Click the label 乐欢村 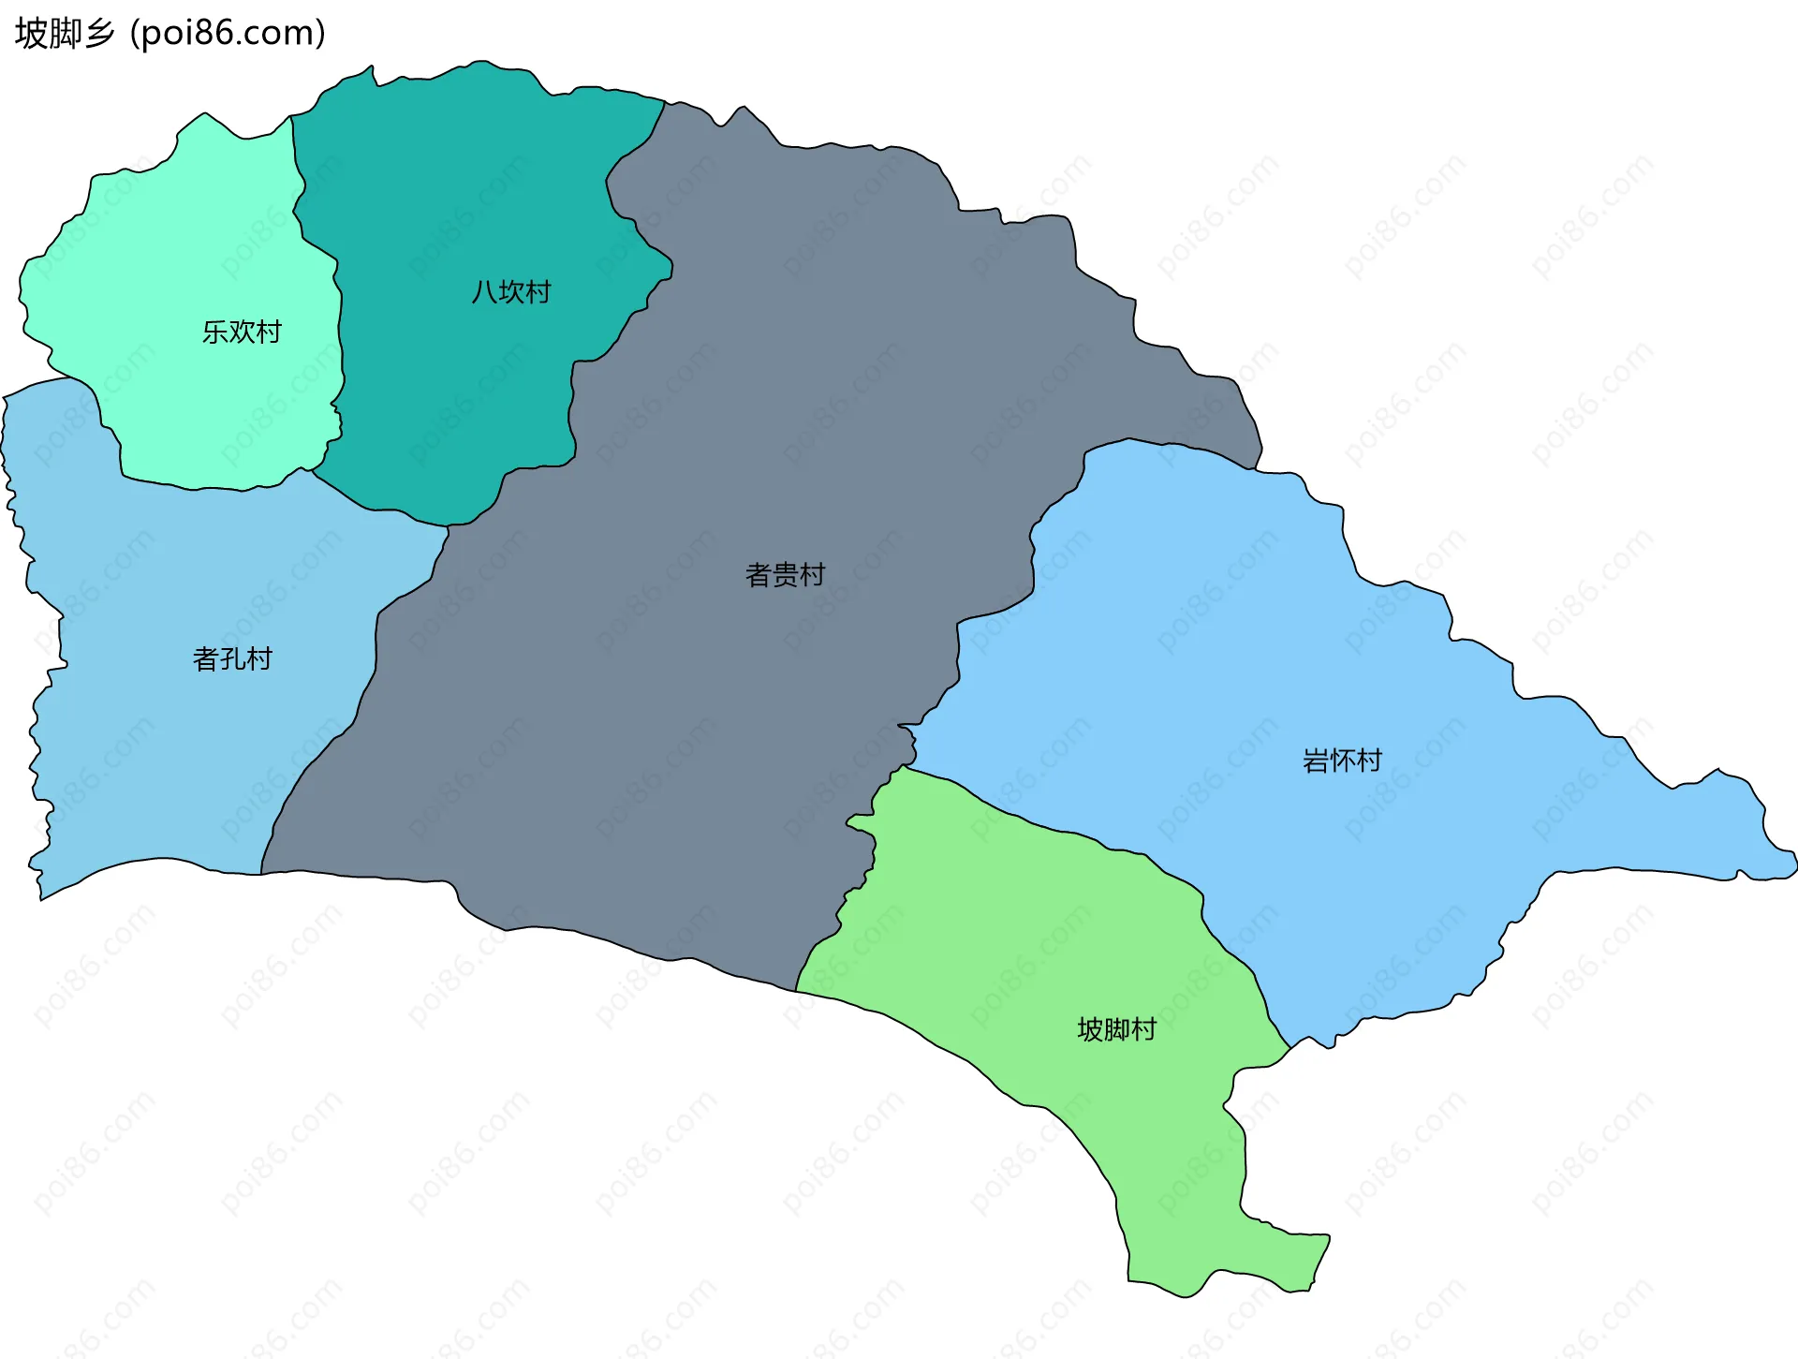pos(242,332)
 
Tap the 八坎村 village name pos(511,292)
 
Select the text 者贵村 pos(785,574)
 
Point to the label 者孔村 pos(232,658)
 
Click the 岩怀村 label pos(1342,760)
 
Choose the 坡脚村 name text pos(1117,1029)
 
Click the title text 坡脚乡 pos(65,33)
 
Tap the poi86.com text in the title pos(228,33)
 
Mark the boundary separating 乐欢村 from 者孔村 pos(187,487)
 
